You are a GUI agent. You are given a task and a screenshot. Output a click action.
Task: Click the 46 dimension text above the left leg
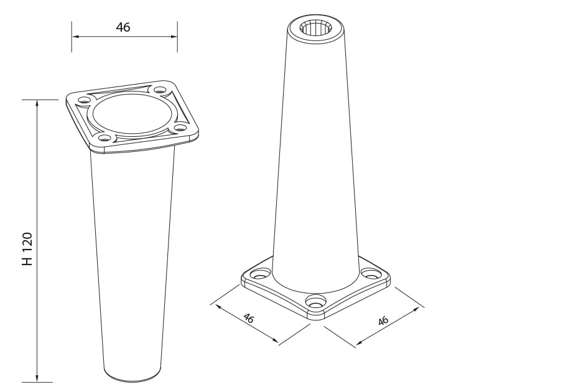(x=123, y=27)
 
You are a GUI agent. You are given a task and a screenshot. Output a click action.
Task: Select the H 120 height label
(x=27, y=249)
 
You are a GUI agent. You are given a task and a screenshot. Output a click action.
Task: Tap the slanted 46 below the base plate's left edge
(x=248, y=318)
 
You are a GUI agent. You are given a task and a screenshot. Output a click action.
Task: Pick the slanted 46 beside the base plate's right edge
(x=383, y=320)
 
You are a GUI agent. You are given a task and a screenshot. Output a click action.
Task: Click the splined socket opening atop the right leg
(x=316, y=27)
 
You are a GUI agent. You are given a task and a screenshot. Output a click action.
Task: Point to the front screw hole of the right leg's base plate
(x=316, y=301)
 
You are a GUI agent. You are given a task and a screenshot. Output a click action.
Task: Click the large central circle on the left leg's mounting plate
(x=132, y=114)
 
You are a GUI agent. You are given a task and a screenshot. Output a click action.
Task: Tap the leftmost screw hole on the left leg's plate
(x=83, y=100)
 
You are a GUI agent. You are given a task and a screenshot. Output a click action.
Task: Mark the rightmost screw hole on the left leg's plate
(x=180, y=128)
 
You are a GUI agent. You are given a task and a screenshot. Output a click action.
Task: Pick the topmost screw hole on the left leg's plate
(x=160, y=90)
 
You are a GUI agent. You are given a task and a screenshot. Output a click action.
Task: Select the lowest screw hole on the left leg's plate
(x=105, y=138)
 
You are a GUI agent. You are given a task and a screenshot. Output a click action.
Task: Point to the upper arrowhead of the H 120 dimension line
(x=37, y=103)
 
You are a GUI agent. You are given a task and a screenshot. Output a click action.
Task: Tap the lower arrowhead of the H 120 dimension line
(x=37, y=378)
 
